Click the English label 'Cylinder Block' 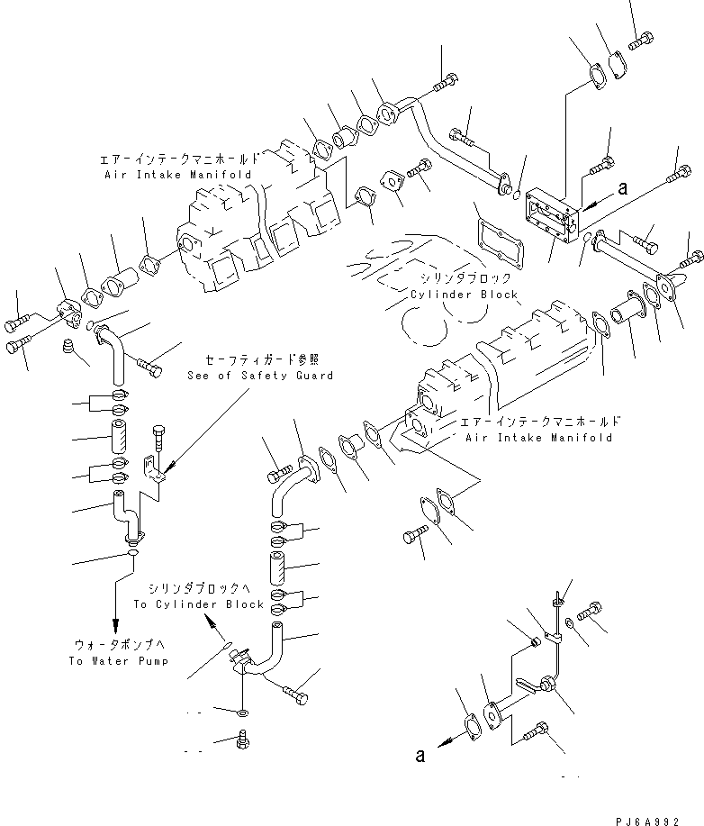tap(464, 295)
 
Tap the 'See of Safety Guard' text tap(261, 375)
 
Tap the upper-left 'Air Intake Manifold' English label tap(177, 173)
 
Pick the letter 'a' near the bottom tap(420, 756)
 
